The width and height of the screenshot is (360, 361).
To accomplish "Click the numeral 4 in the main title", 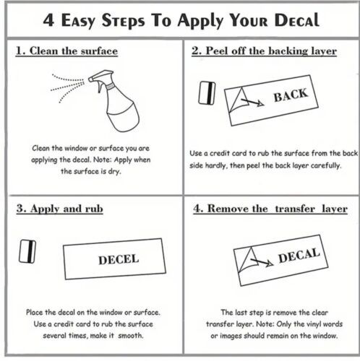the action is [48, 19].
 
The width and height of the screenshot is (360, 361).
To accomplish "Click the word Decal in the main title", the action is [297, 19].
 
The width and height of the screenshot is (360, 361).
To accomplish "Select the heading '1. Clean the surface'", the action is [67, 51].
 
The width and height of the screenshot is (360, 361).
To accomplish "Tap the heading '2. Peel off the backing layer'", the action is [264, 51].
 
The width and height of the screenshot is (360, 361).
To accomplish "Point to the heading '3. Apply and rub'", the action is [60, 209].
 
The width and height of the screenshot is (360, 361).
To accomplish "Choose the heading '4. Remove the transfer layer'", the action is [270, 209].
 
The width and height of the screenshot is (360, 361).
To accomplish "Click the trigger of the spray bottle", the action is [100, 87].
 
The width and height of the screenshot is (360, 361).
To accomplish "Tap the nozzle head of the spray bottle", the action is [100, 75].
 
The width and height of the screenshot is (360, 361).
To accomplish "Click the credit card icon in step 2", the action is [207, 93].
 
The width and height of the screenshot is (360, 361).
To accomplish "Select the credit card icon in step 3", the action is [27, 251].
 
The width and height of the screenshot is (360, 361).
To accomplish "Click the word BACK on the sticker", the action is [291, 95].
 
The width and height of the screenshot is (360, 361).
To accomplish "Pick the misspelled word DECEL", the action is [119, 260].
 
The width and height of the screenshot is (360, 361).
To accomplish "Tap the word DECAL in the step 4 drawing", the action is [299, 256].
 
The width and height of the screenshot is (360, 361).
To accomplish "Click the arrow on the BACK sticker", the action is [252, 102].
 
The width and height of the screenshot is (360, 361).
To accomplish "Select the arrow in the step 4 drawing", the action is [262, 262].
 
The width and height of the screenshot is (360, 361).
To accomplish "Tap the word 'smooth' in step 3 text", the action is [130, 336].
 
